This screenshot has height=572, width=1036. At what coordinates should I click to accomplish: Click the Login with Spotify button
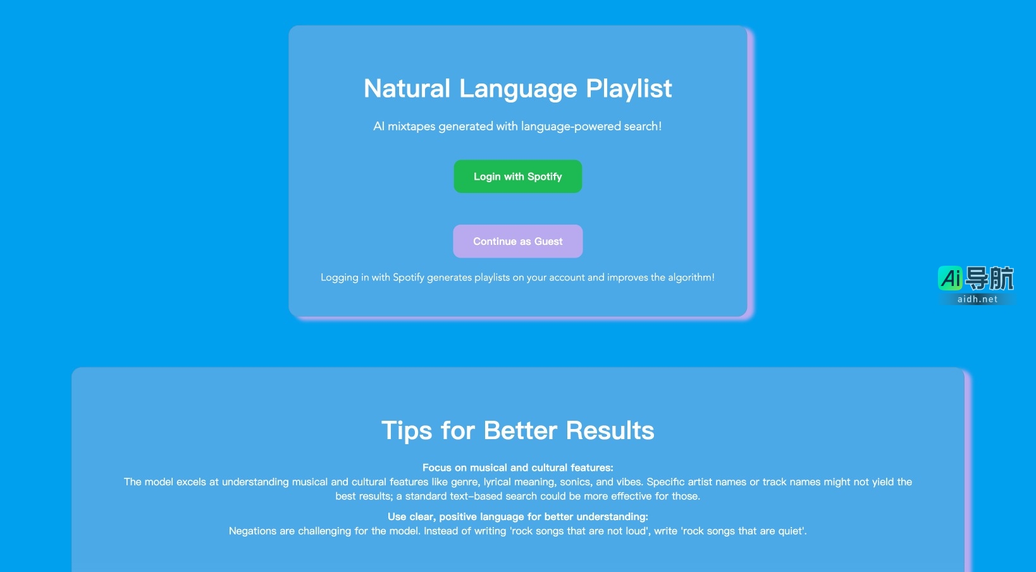pyautogui.click(x=517, y=177)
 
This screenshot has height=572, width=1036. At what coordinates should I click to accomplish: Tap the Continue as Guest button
pyautogui.click(x=517, y=241)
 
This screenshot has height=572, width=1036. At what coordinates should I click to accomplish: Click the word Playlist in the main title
pyautogui.click(x=629, y=89)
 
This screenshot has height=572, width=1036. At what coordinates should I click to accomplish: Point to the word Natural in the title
pyautogui.click(x=407, y=89)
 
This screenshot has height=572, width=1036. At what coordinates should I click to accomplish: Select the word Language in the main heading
pyautogui.click(x=518, y=89)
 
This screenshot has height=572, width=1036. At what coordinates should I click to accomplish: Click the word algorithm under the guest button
pyautogui.click(x=691, y=278)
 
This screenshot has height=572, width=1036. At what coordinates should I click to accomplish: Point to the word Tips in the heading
pyautogui.click(x=407, y=431)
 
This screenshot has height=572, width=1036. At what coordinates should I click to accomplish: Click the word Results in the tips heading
pyautogui.click(x=610, y=430)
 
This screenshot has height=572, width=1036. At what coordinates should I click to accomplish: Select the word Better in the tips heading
pyautogui.click(x=520, y=430)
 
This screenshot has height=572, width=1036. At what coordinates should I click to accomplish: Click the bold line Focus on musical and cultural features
pyautogui.click(x=517, y=468)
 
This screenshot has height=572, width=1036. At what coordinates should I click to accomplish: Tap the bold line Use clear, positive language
pyautogui.click(x=517, y=516)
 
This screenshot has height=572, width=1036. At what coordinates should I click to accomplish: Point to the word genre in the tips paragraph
pyautogui.click(x=464, y=482)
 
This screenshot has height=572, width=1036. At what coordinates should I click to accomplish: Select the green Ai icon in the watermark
pyautogui.click(x=950, y=278)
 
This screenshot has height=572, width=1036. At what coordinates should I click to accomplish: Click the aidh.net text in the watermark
pyautogui.click(x=977, y=299)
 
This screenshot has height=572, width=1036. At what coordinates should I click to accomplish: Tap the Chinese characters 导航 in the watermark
pyautogui.click(x=989, y=278)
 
